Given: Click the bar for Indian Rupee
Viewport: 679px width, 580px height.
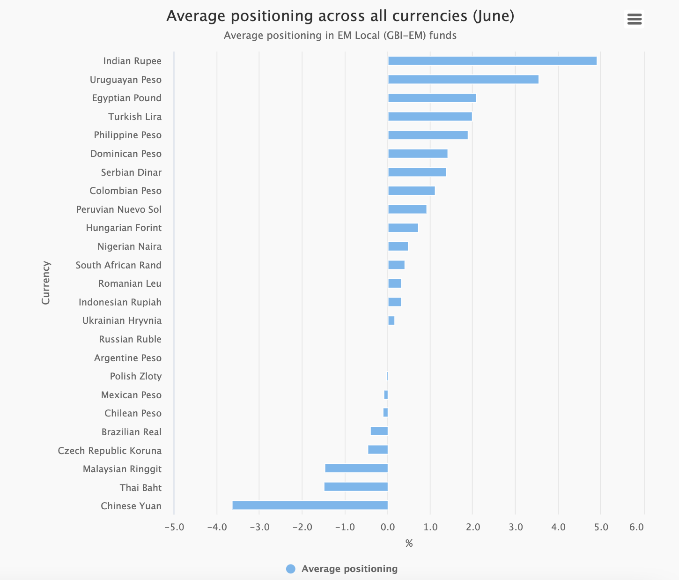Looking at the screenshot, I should point(492,61).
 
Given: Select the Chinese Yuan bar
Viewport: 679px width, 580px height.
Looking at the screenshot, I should point(310,505).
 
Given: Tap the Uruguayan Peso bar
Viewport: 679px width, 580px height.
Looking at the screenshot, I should point(463,79).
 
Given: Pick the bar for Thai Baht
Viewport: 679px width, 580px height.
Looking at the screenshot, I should point(356,487).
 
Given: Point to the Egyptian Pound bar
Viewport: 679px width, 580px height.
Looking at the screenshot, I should point(432,98).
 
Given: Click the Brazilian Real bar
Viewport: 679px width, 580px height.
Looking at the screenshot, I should point(379,431).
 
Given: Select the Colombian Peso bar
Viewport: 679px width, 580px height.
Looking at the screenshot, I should point(411,191).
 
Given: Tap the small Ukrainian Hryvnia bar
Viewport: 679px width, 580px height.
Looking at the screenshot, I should point(391,320).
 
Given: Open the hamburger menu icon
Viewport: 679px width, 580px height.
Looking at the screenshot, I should point(634,19).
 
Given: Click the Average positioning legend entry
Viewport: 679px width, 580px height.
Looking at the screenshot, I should point(349,569).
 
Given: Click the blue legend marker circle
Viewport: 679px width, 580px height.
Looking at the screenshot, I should point(291,569).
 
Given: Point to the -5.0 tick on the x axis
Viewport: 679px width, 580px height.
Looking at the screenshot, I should point(174,527).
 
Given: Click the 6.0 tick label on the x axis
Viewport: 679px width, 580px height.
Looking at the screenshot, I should point(636,527).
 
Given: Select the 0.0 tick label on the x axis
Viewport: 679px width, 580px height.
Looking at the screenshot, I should point(388,527).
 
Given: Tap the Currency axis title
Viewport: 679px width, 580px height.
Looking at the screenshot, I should point(45,283).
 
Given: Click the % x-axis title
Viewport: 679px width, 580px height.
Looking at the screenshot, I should point(409,543).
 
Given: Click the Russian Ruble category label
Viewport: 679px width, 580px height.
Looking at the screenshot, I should point(130,339).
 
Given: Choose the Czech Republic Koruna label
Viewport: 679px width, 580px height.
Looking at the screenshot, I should point(110,451).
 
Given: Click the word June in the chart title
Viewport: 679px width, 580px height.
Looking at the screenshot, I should point(493,16).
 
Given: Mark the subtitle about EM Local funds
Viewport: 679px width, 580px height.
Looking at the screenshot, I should point(340,36).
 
